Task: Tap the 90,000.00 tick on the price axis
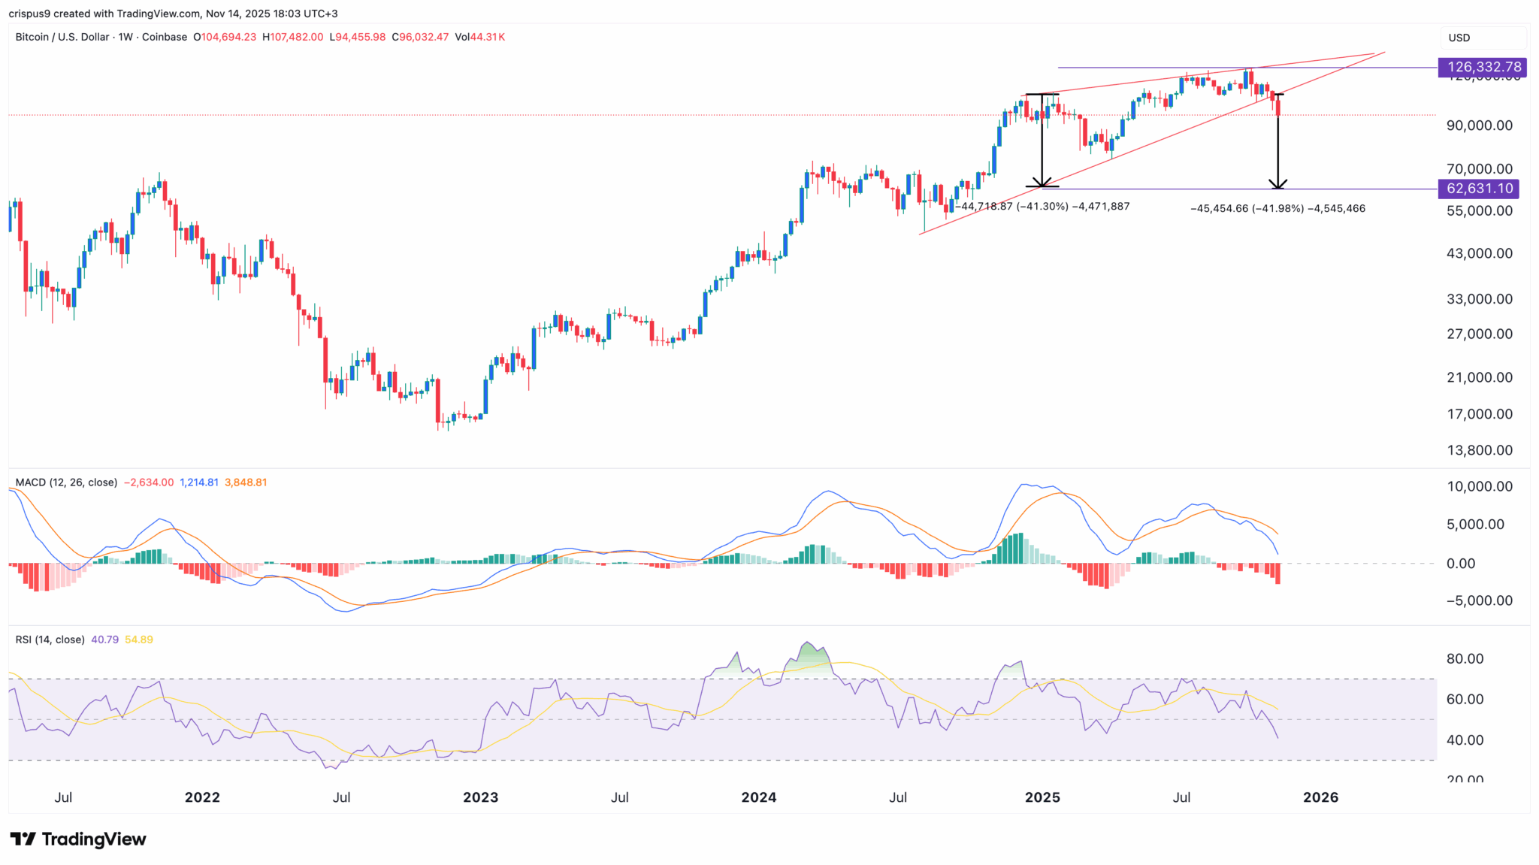pos(1479,126)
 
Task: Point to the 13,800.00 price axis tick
pos(1479,450)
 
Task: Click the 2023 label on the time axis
pos(480,797)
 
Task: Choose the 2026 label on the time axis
pos(1320,797)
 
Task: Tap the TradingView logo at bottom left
pos(77,839)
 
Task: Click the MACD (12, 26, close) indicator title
pos(66,482)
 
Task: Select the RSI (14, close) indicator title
pos(50,640)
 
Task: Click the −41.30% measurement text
pos(1042,207)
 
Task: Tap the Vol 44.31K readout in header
pos(479,37)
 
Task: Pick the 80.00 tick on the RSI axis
pos(1465,659)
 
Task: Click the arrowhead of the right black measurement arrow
pos(1277,185)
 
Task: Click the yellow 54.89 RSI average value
pos(139,640)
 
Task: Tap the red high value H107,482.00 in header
pos(292,37)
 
